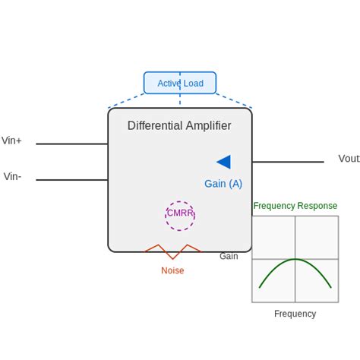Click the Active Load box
tap(180, 83)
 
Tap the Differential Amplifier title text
tap(179, 125)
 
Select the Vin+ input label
tap(11, 141)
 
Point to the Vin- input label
tap(12, 177)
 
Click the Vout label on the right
tap(349, 159)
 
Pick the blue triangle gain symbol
tap(224, 162)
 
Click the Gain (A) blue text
tap(223, 184)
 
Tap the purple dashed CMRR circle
tap(180, 215)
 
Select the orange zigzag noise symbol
tap(172, 251)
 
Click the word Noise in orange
tap(172, 270)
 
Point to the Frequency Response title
tap(295, 206)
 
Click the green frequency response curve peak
tap(295, 260)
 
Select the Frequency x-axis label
tap(295, 314)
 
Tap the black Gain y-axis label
tap(229, 257)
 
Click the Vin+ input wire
tap(71, 144)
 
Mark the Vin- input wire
tap(71, 180)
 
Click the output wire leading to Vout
tap(288, 162)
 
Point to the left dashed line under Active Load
tap(126, 100)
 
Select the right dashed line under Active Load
tap(234, 100)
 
